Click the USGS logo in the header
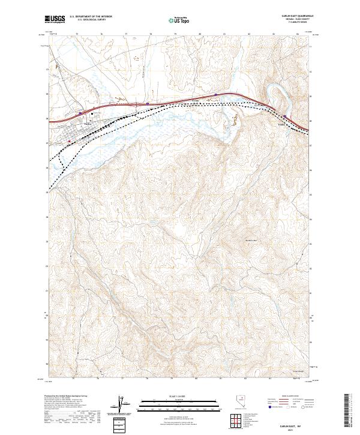tap(55, 19)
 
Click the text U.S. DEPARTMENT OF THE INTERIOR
tap(91, 17)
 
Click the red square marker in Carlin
tap(70, 142)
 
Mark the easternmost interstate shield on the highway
tap(286, 116)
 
